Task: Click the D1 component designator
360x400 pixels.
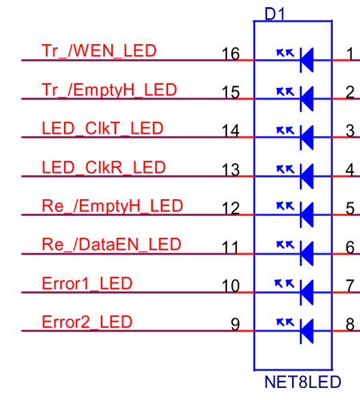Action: (274, 14)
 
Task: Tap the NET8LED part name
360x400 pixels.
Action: (302, 382)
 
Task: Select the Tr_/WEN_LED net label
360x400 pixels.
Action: (99, 50)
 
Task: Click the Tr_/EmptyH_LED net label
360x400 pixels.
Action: (110, 90)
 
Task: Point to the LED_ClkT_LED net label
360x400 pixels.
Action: (102, 128)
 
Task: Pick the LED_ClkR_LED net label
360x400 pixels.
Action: (104, 167)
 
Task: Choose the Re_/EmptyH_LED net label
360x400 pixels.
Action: (112, 206)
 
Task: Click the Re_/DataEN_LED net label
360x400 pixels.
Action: (111, 245)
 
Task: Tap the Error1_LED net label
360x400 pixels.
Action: (87, 283)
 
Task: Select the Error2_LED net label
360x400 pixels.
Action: (87, 322)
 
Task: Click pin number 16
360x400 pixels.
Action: (230, 54)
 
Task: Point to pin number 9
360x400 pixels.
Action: (235, 325)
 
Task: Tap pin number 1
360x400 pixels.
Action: (350, 54)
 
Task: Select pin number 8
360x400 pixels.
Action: (350, 325)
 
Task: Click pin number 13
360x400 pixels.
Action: (230, 170)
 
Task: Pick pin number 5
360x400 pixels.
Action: (350, 209)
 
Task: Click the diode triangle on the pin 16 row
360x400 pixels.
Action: (307, 60)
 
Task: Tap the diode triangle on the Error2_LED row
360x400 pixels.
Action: (307, 331)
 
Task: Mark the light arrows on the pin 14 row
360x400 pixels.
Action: (286, 130)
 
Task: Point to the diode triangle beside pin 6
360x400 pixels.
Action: (307, 254)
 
